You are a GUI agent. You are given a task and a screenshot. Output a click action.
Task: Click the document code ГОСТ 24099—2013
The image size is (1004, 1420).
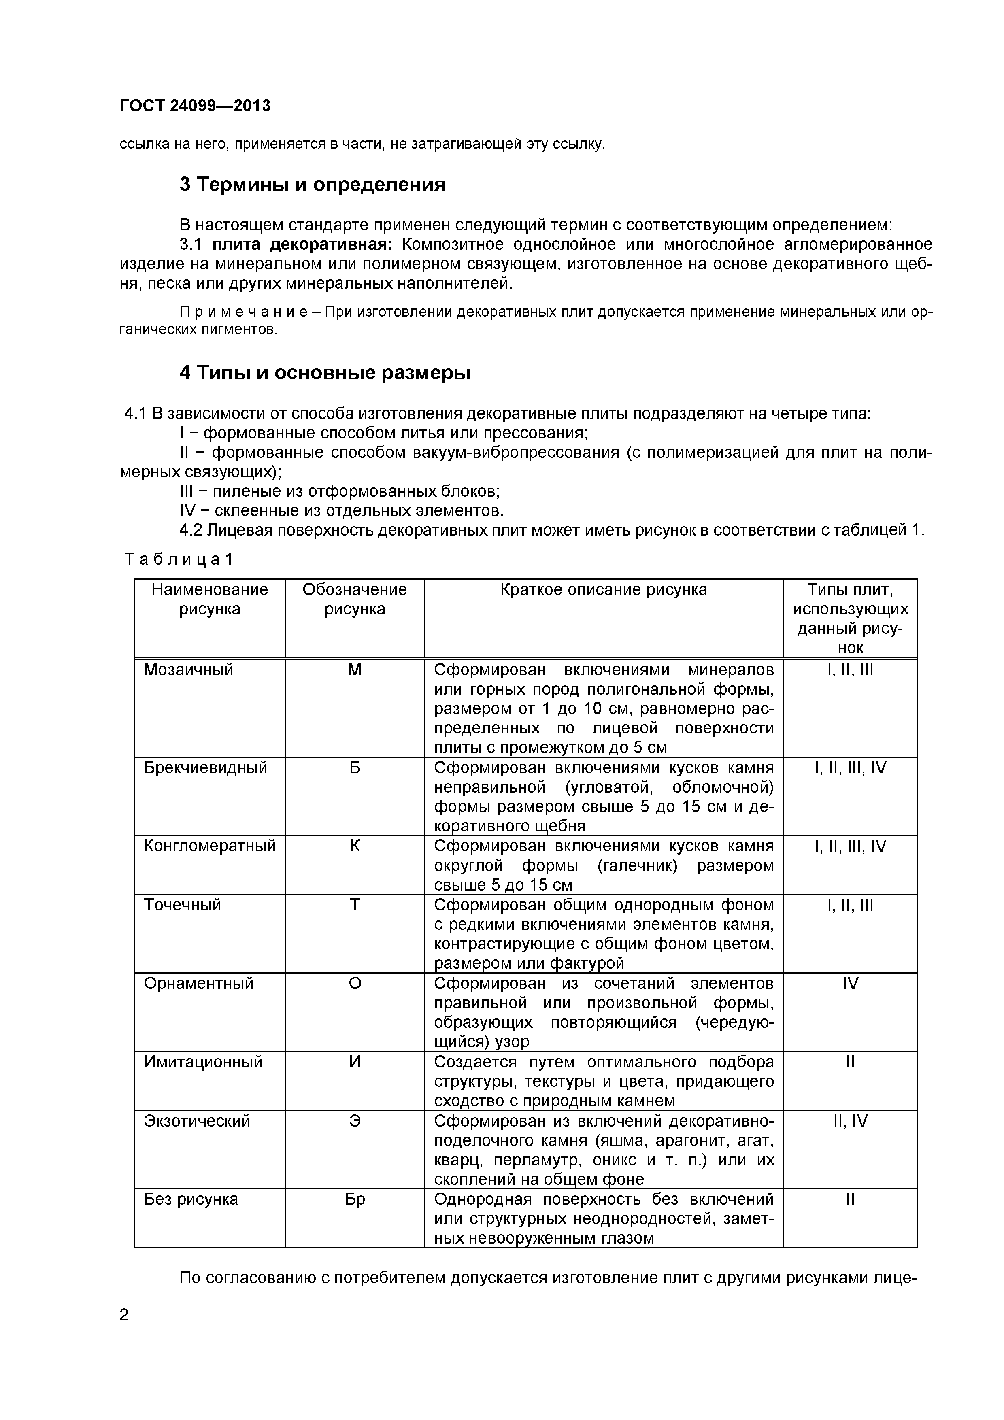click(x=195, y=106)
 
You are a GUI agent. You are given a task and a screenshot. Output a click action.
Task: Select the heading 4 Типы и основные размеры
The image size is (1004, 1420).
click(x=325, y=373)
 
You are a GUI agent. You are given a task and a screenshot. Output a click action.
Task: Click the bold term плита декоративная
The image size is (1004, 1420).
click(x=306, y=244)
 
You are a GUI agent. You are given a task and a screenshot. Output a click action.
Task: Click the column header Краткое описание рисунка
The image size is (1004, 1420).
click(x=603, y=589)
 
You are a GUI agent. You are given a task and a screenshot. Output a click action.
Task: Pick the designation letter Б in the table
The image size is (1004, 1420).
click(x=355, y=767)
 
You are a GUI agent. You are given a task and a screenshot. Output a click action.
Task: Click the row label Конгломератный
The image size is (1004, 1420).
click(x=209, y=846)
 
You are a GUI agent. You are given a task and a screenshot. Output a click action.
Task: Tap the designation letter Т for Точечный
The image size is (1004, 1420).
click(x=355, y=905)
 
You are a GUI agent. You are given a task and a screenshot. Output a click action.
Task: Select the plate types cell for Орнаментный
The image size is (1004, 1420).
click(x=850, y=983)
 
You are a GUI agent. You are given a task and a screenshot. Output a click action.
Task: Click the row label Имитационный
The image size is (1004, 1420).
click(x=203, y=1062)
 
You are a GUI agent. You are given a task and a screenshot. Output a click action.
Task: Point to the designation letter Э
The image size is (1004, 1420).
click(x=355, y=1121)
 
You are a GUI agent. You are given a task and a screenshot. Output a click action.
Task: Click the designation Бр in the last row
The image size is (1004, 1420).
click(x=355, y=1199)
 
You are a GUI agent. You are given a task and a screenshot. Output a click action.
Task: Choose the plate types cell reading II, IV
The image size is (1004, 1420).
click(x=850, y=1121)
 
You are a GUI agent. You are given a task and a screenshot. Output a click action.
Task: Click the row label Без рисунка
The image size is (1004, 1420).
click(x=191, y=1199)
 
